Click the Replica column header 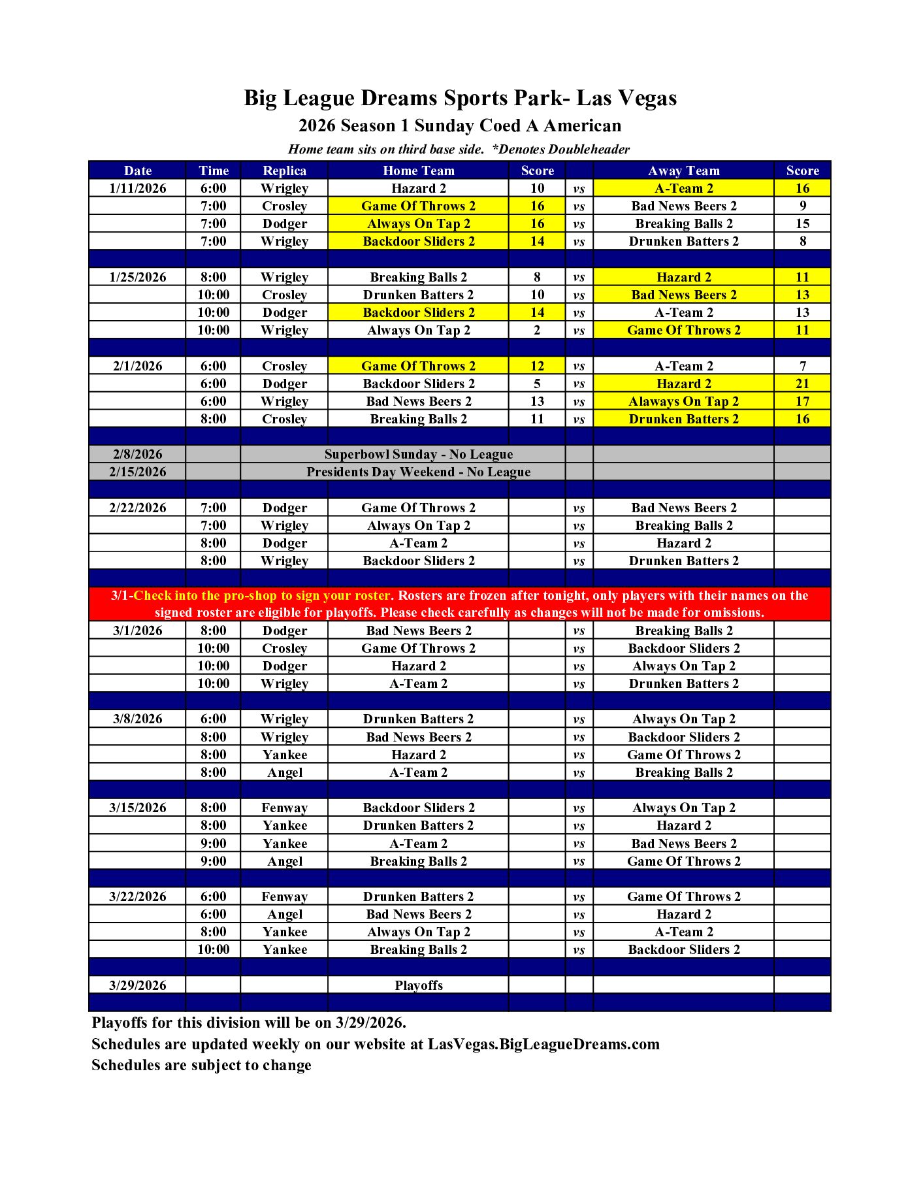click(284, 171)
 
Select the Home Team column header click(418, 171)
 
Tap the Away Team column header click(683, 171)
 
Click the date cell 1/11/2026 click(137, 188)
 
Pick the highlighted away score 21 click(802, 384)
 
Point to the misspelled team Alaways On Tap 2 click(683, 401)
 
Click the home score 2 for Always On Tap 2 click(537, 330)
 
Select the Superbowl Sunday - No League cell click(418, 454)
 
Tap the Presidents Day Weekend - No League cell click(418, 472)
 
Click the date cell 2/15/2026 click(137, 472)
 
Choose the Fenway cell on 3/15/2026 click(284, 808)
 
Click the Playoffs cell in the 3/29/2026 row click(418, 985)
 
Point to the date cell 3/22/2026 click(137, 896)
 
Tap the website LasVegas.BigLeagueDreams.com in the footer click(543, 1044)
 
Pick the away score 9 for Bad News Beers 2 click(802, 206)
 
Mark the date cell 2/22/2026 click(137, 508)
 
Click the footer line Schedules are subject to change click(201, 1065)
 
